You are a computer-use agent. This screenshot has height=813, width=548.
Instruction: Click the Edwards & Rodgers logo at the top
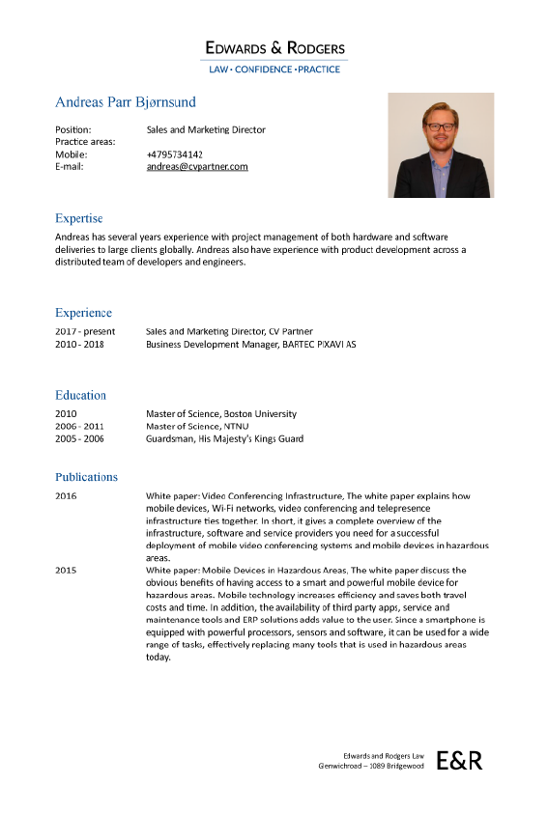[x=274, y=47]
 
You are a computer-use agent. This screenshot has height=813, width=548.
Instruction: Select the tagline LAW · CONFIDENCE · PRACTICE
[x=274, y=70]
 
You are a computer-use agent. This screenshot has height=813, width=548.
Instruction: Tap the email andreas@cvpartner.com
[x=197, y=166]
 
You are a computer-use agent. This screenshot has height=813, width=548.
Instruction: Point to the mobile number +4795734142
[x=175, y=154]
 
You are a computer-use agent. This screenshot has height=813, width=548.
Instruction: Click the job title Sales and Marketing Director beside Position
[x=206, y=129]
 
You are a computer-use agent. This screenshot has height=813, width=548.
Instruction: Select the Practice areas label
[x=85, y=142]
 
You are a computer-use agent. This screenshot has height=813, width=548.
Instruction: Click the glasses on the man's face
[x=441, y=126]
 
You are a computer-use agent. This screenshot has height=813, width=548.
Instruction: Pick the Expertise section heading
[x=78, y=218]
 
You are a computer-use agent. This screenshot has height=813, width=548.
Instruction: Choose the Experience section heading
[x=83, y=313]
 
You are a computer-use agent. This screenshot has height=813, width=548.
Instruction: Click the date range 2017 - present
[x=85, y=331]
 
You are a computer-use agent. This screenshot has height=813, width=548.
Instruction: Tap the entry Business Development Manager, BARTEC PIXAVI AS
[x=250, y=344]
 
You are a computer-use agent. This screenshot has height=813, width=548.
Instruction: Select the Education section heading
[x=80, y=395]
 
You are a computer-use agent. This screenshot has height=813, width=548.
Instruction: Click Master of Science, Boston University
[x=221, y=414]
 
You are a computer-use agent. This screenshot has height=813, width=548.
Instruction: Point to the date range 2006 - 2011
[x=79, y=426]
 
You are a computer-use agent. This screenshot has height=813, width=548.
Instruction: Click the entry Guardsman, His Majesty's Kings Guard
[x=224, y=438]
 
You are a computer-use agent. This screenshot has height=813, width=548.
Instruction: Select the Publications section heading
[x=86, y=477]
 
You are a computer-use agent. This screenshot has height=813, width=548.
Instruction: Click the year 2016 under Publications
[x=66, y=496]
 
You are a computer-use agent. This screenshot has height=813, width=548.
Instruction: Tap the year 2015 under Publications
[x=66, y=571]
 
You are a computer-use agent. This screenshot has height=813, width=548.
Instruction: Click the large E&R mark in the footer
[x=459, y=760]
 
